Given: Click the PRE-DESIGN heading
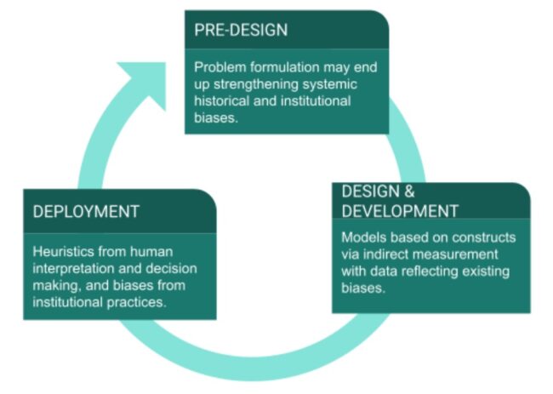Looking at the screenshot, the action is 241,30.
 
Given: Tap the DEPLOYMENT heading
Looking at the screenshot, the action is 86,212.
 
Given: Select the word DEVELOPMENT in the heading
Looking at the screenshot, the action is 400,211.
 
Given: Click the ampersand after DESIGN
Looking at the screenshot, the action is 408,191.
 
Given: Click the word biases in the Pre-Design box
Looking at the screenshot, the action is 216,117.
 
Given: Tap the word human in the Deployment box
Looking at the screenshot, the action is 151,252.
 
